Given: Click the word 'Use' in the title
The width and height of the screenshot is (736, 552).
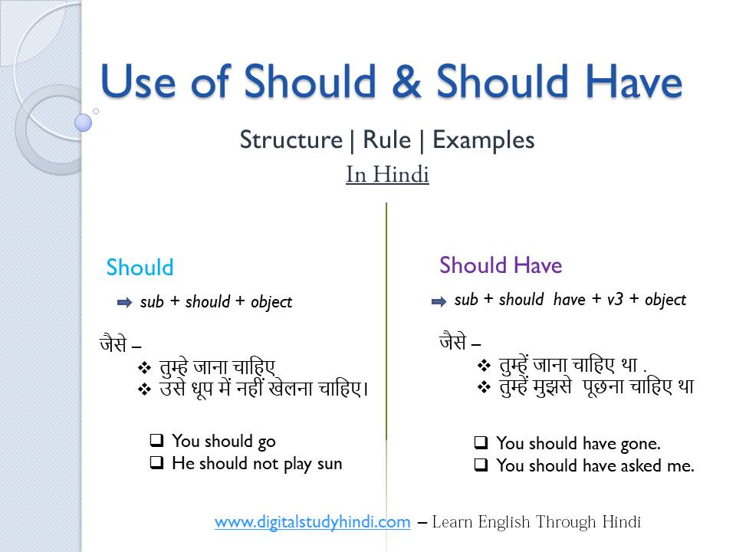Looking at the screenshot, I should (140, 82).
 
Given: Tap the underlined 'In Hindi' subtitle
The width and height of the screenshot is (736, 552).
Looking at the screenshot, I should (387, 175).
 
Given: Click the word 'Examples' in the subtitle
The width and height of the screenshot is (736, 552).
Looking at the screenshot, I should (483, 140).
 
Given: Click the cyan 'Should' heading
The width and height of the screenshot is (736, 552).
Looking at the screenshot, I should (140, 268).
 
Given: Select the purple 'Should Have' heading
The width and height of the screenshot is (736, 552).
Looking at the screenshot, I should (501, 265).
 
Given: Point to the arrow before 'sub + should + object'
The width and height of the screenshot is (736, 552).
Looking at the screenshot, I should (124, 303).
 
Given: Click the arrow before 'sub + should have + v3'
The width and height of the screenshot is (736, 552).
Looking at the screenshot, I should (439, 301).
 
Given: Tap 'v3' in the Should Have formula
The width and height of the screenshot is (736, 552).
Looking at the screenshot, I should (615, 300).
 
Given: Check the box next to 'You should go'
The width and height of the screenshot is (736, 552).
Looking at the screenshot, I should (156, 441).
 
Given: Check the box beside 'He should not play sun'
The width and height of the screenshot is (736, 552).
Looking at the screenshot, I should (156, 463).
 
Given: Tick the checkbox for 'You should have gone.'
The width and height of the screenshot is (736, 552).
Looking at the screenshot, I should (481, 443).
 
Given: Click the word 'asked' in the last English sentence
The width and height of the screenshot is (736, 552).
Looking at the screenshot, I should (632, 465).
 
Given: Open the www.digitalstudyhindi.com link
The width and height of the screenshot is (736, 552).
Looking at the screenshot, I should (312, 522).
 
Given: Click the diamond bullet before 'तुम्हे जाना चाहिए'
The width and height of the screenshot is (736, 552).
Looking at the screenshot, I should (143, 367).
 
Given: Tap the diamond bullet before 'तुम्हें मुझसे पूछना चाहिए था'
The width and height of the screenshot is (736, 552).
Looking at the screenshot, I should (483, 387).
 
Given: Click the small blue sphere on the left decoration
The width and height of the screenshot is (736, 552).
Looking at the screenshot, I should (84, 122).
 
